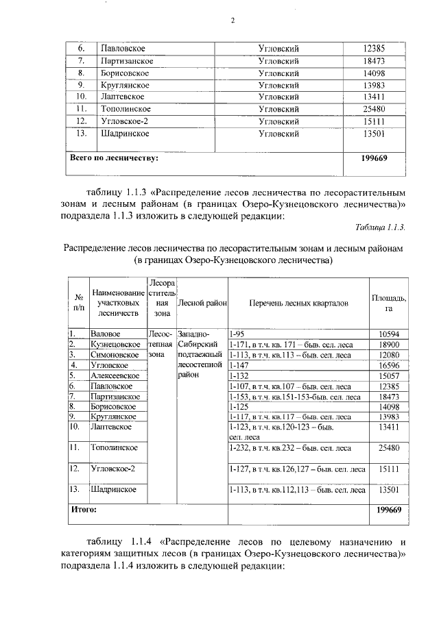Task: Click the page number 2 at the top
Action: coord(233,21)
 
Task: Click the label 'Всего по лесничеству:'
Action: coord(115,158)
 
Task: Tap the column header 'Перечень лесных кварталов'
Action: coord(298,302)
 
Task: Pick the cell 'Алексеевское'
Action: coord(115,375)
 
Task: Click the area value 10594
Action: coord(388,333)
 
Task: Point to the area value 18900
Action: coord(388,344)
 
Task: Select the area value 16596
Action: coord(388,365)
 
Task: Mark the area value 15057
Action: coord(388,375)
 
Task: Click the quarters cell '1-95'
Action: coord(238,333)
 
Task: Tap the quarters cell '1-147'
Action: coord(240,365)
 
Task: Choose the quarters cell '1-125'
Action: coord(240,406)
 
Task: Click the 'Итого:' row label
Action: coord(84,510)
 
